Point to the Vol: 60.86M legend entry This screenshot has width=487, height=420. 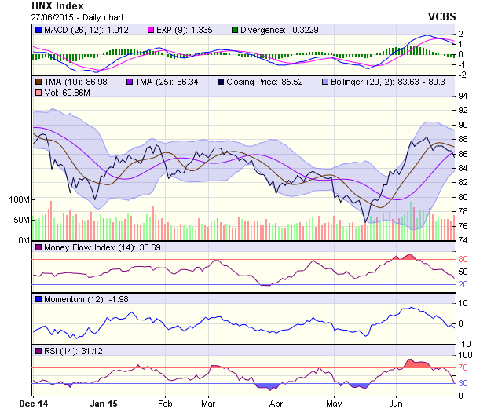pos(62,93)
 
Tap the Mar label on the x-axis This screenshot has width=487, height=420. pos(208,404)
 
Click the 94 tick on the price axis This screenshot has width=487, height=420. pos(463,96)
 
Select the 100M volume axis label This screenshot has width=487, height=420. pos(17,199)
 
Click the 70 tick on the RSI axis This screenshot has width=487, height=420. pos(463,367)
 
